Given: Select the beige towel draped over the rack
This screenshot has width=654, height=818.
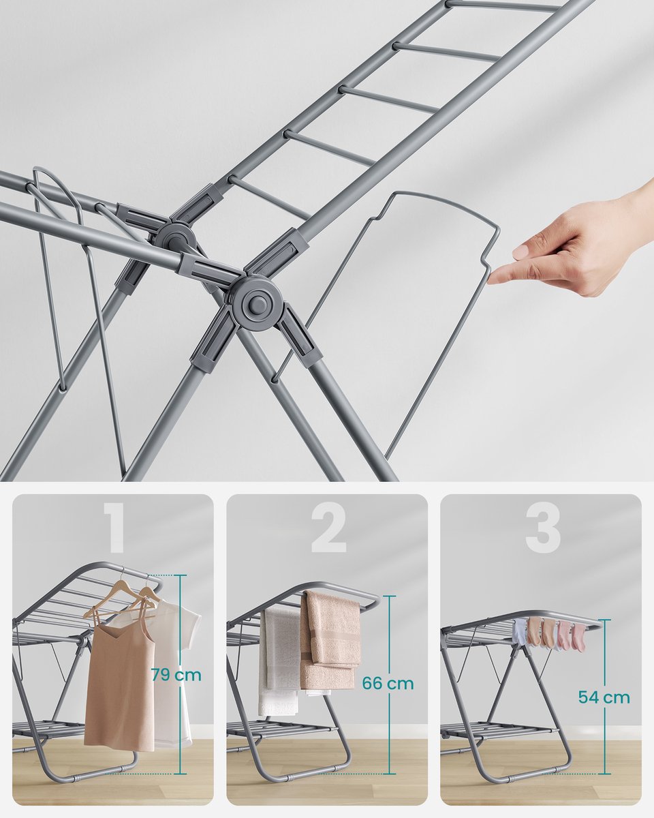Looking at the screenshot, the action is click(330, 642).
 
